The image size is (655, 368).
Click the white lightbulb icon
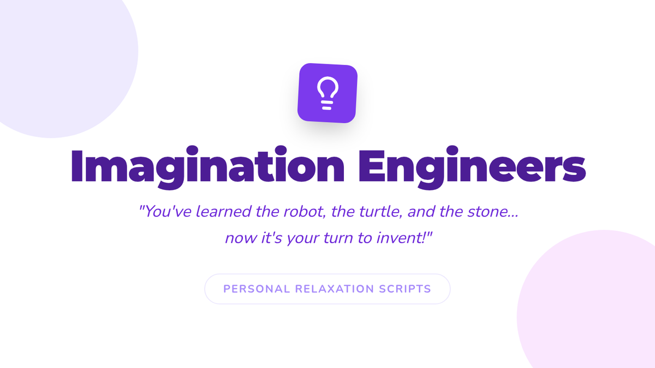[327, 93]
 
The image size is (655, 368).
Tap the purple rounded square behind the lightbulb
[327, 93]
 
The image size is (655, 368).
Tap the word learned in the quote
[223, 211]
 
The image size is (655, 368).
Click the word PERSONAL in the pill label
[257, 289]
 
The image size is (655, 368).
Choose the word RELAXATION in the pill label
[335, 289]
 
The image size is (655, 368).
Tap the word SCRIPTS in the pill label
[405, 289]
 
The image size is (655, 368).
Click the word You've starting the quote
[165, 211]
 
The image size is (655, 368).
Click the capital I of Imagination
[76, 166]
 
